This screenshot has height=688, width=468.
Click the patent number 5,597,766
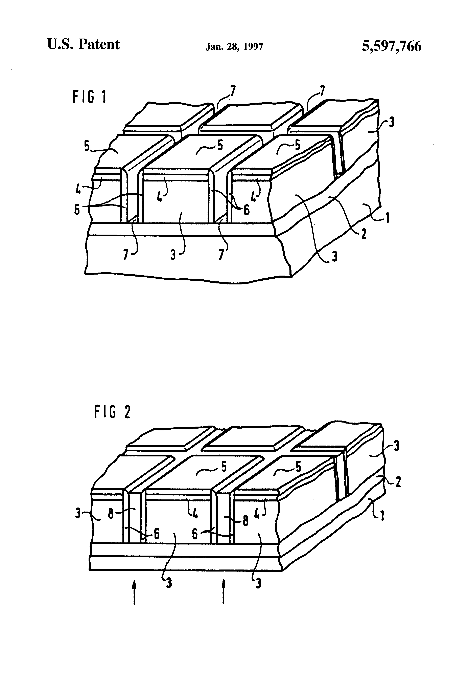click(391, 46)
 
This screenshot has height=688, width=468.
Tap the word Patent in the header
click(99, 45)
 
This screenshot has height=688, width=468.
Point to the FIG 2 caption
click(112, 412)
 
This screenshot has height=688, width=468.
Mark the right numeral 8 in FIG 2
click(245, 521)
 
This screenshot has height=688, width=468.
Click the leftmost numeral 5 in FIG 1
click(87, 146)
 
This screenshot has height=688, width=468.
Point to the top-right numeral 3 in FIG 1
click(391, 122)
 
